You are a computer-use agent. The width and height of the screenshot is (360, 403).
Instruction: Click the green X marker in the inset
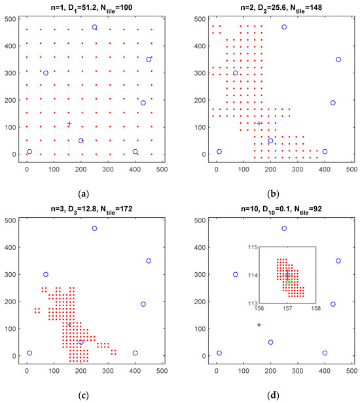coord(288,282)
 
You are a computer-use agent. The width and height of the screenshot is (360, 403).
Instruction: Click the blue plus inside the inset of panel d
coord(287,275)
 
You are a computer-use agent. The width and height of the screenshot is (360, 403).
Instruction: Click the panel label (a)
coord(84,194)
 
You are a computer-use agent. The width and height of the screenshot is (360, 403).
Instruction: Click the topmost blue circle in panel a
coord(94,27)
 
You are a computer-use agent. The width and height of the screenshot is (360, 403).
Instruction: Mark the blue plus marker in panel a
coord(69,124)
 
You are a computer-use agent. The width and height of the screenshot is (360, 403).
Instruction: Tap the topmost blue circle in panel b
coord(284,27)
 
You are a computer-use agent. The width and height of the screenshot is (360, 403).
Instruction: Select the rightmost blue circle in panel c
coord(149,261)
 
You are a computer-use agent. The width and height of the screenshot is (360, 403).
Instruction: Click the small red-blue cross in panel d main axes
coord(259,324)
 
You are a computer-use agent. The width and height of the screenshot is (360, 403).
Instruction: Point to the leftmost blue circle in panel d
coord(219,353)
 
